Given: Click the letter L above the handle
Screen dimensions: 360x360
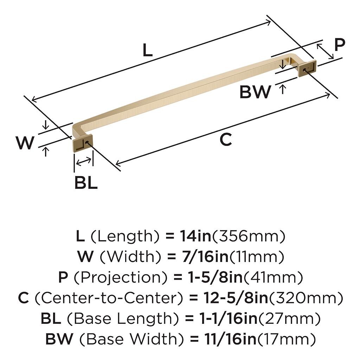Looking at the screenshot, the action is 147,50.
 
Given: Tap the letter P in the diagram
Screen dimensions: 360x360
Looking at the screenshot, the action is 340,45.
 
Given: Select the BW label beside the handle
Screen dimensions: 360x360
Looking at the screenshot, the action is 255,92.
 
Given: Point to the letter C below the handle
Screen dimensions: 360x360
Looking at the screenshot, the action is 226,139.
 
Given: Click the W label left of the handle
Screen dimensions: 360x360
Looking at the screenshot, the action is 25,142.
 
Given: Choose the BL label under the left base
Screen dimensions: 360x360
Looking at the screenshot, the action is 86,183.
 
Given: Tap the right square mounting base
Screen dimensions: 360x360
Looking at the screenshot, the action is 307,69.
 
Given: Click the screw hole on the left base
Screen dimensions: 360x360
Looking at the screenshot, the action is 87,143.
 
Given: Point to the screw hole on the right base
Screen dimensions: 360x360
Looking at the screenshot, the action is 304,70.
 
